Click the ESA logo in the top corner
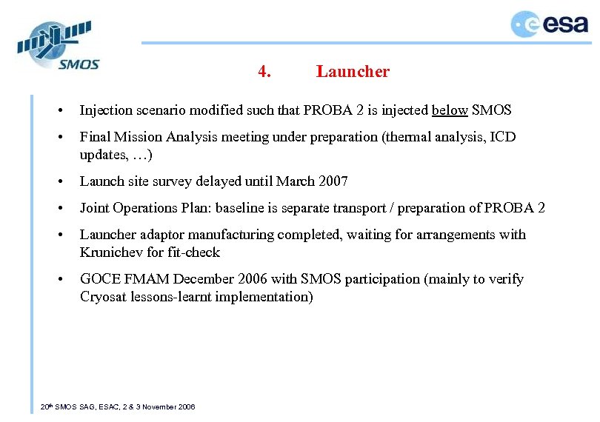tap(549, 24)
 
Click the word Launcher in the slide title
tap(353, 72)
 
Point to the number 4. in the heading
tap(264, 72)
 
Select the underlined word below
tap(450, 110)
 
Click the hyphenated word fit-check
tap(194, 252)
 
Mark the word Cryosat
tap(104, 297)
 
